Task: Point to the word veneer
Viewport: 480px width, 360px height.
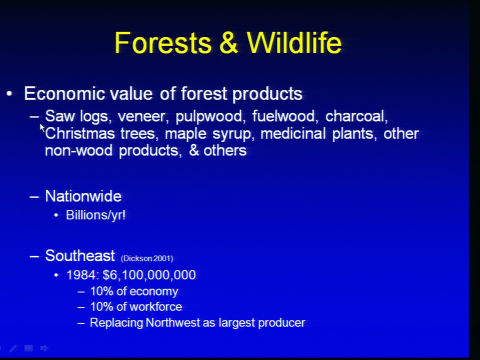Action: (143, 116)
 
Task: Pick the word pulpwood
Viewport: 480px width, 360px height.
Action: (210, 117)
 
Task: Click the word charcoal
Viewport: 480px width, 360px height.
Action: (356, 116)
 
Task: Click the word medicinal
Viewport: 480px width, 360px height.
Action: (293, 134)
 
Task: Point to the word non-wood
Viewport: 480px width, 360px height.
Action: (78, 150)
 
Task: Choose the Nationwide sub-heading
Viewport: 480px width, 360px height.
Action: (83, 196)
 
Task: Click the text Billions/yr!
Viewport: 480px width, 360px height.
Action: (96, 215)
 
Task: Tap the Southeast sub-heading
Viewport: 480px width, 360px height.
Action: (80, 255)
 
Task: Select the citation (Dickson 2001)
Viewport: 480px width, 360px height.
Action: (147, 258)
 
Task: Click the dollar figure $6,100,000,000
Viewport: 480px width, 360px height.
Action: (149, 275)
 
